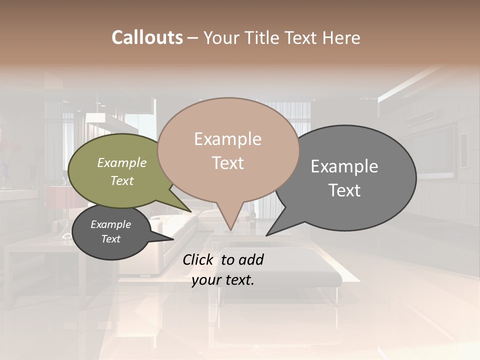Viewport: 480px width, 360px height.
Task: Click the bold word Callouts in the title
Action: tap(147, 37)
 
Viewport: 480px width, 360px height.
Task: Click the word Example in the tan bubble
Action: tap(227, 139)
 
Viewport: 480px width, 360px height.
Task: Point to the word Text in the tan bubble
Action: tap(227, 163)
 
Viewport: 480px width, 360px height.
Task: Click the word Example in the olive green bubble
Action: tap(121, 162)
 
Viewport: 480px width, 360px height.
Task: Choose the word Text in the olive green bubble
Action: tap(121, 180)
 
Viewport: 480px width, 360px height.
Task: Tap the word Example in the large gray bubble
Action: tap(344, 166)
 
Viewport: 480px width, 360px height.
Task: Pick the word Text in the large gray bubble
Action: tap(344, 190)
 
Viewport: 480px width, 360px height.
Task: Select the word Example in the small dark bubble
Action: tap(110, 224)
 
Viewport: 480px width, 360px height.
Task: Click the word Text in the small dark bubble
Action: tap(110, 239)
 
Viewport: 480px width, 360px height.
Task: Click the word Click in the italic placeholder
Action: tap(199, 259)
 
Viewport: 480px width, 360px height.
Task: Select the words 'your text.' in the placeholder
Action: tap(222, 280)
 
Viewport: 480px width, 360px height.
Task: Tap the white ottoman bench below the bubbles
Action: tap(280, 270)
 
